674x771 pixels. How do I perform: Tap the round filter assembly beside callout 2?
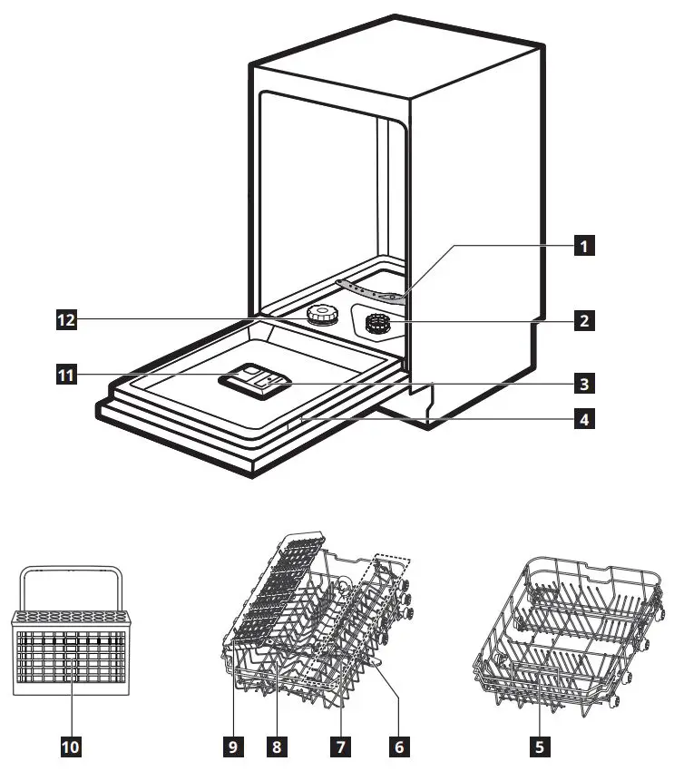point(377,324)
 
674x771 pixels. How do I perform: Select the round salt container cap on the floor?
point(319,315)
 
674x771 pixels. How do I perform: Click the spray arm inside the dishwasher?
point(372,289)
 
